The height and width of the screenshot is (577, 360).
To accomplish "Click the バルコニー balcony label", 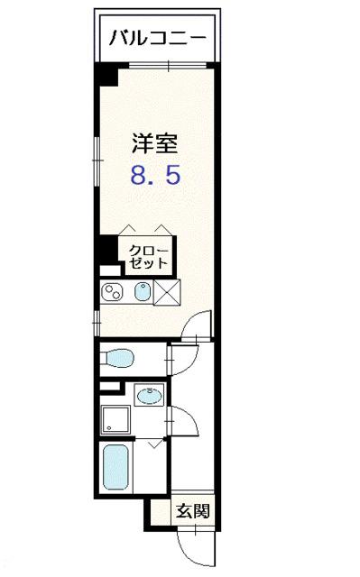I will coord(159,38).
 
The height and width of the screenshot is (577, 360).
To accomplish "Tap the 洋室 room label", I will coord(154,142).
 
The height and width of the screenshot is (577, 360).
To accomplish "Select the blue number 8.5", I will coord(155,174).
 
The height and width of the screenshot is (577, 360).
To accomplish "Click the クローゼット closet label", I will coord(146,256).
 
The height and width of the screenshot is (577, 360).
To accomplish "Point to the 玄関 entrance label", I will coord(193,511).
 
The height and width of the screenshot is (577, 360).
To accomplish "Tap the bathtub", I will coord(115,465).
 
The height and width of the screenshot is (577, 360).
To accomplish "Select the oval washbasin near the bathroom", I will coord(148,396).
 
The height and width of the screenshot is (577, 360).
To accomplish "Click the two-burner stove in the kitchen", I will coord(114,292).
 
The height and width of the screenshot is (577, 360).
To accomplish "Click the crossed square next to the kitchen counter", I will coord(168,292).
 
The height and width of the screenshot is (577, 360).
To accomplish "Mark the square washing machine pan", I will coord(115,418).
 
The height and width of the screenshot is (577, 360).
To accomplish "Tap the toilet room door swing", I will coord(180,358).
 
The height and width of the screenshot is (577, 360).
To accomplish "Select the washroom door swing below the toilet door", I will coord(179,418).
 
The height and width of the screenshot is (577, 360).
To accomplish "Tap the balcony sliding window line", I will coord(169,64).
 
